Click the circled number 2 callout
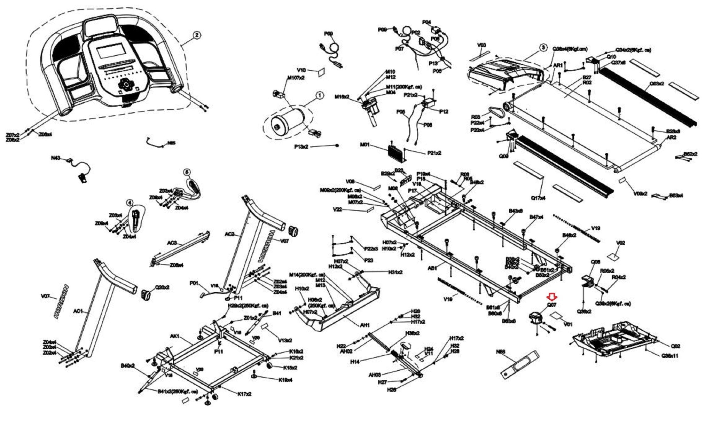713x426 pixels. coord(197,35)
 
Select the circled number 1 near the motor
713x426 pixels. coord(319,95)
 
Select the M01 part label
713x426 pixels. coord(365,144)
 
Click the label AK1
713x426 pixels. coord(174,336)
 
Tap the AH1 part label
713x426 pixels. coord(365,325)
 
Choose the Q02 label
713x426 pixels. coord(675,346)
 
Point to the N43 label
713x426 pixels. coord(55,158)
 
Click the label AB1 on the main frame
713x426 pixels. coord(432,268)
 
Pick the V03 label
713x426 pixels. coord(481,45)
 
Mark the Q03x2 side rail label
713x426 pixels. coord(657,84)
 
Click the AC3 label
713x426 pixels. coord(172,243)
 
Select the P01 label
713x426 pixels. coord(194,283)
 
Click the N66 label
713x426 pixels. coord(501,352)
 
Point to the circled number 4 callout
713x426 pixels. coord(130,203)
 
